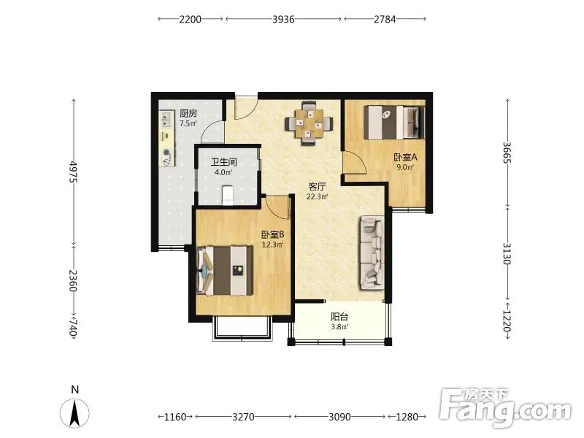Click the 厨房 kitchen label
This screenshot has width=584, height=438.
point(188,113)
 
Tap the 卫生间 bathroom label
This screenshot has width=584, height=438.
point(223,162)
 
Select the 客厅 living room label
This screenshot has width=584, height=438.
point(317,186)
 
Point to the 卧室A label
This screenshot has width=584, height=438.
point(405,157)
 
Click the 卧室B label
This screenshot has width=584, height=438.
point(272,234)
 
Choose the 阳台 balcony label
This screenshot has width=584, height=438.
point(339,317)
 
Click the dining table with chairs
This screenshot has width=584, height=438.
point(309,123)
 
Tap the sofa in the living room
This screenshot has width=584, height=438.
point(372,253)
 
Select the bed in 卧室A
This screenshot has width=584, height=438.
point(394,123)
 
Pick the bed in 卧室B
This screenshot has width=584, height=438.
point(225,270)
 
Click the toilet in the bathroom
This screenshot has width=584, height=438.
point(228,195)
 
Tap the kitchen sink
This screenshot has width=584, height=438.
point(166,119)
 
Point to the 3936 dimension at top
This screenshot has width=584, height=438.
point(283,19)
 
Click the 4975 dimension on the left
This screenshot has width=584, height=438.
point(74,172)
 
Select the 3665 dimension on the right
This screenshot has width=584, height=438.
point(507,153)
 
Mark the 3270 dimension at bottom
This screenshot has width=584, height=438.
point(243,417)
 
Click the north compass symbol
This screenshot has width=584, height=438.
point(74,412)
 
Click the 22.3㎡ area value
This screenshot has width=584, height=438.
point(317,196)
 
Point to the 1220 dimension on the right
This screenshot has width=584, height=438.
point(507,321)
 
